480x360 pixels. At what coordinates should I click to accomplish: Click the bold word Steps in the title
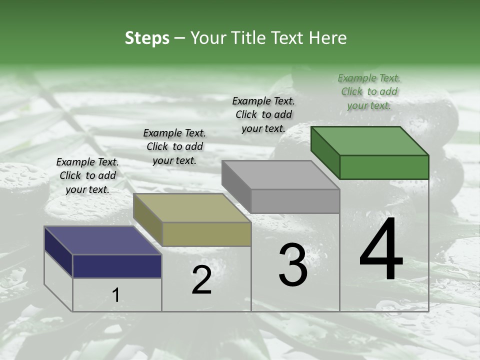(x=147, y=38)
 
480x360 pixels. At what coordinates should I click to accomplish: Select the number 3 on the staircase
(x=293, y=265)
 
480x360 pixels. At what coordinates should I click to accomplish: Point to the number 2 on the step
(x=201, y=280)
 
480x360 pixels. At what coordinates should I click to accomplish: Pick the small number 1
(x=115, y=295)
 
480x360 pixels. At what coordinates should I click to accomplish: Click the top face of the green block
(x=370, y=141)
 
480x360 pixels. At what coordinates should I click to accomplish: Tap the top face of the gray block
(x=280, y=175)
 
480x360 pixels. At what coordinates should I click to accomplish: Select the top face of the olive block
(x=192, y=208)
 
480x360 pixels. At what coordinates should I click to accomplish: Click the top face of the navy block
(x=103, y=240)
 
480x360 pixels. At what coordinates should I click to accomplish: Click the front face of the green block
(x=384, y=167)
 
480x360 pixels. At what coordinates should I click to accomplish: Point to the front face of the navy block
(x=117, y=266)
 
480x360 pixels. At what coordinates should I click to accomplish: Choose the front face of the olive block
(x=206, y=234)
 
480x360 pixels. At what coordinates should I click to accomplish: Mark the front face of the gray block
(x=295, y=201)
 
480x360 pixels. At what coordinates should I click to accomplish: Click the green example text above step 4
(x=369, y=91)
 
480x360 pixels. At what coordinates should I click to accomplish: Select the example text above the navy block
(x=87, y=175)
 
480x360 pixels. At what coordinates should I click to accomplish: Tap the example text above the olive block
(x=174, y=146)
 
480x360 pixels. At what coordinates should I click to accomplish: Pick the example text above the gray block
(x=263, y=114)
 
